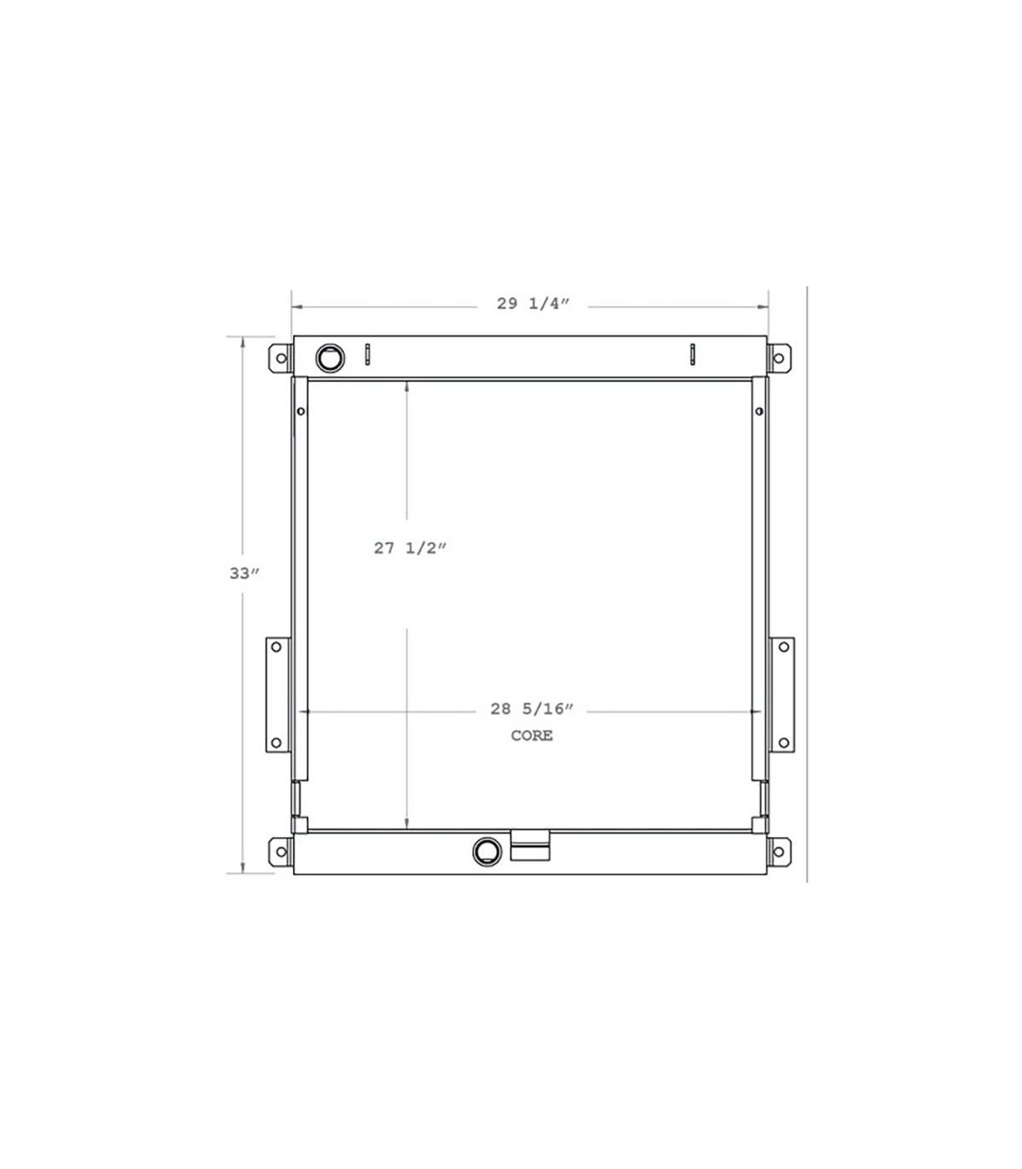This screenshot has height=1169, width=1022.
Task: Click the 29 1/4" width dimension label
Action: [x=532, y=303]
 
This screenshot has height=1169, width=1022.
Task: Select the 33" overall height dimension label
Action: [x=244, y=573]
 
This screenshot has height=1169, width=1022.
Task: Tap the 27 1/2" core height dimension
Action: [x=410, y=548]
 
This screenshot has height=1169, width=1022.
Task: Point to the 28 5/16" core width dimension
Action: [x=531, y=709]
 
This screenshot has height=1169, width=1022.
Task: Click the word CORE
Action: [x=531, y=735]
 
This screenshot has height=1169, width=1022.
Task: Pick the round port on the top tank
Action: [x=330, y=358]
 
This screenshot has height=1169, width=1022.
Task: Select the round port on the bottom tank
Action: [x=487, y=851]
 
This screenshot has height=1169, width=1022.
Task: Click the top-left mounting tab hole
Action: [x=281, y=358]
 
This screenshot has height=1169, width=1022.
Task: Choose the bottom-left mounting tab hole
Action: [x=281, y=852]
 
